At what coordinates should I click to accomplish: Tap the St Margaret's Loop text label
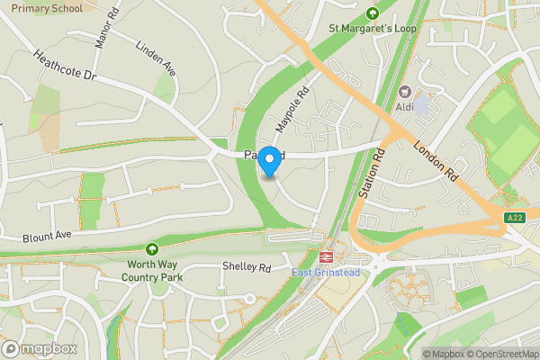pyautogui.click(x=372, y=29)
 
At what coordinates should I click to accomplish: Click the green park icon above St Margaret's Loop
pyautogui.click(x=373, y=13)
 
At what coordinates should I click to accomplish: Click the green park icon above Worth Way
pyautogui.click(x=152, y=248)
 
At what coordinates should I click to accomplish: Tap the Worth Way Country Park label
pyautogui.click(x=152, y=271)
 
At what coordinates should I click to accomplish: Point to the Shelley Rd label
pyautogui.click(x=247, y=268)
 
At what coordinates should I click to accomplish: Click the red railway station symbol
pyautogui.click(x=319, y=257)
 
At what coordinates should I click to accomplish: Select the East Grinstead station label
pyautogui.click(x=326, y=273)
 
